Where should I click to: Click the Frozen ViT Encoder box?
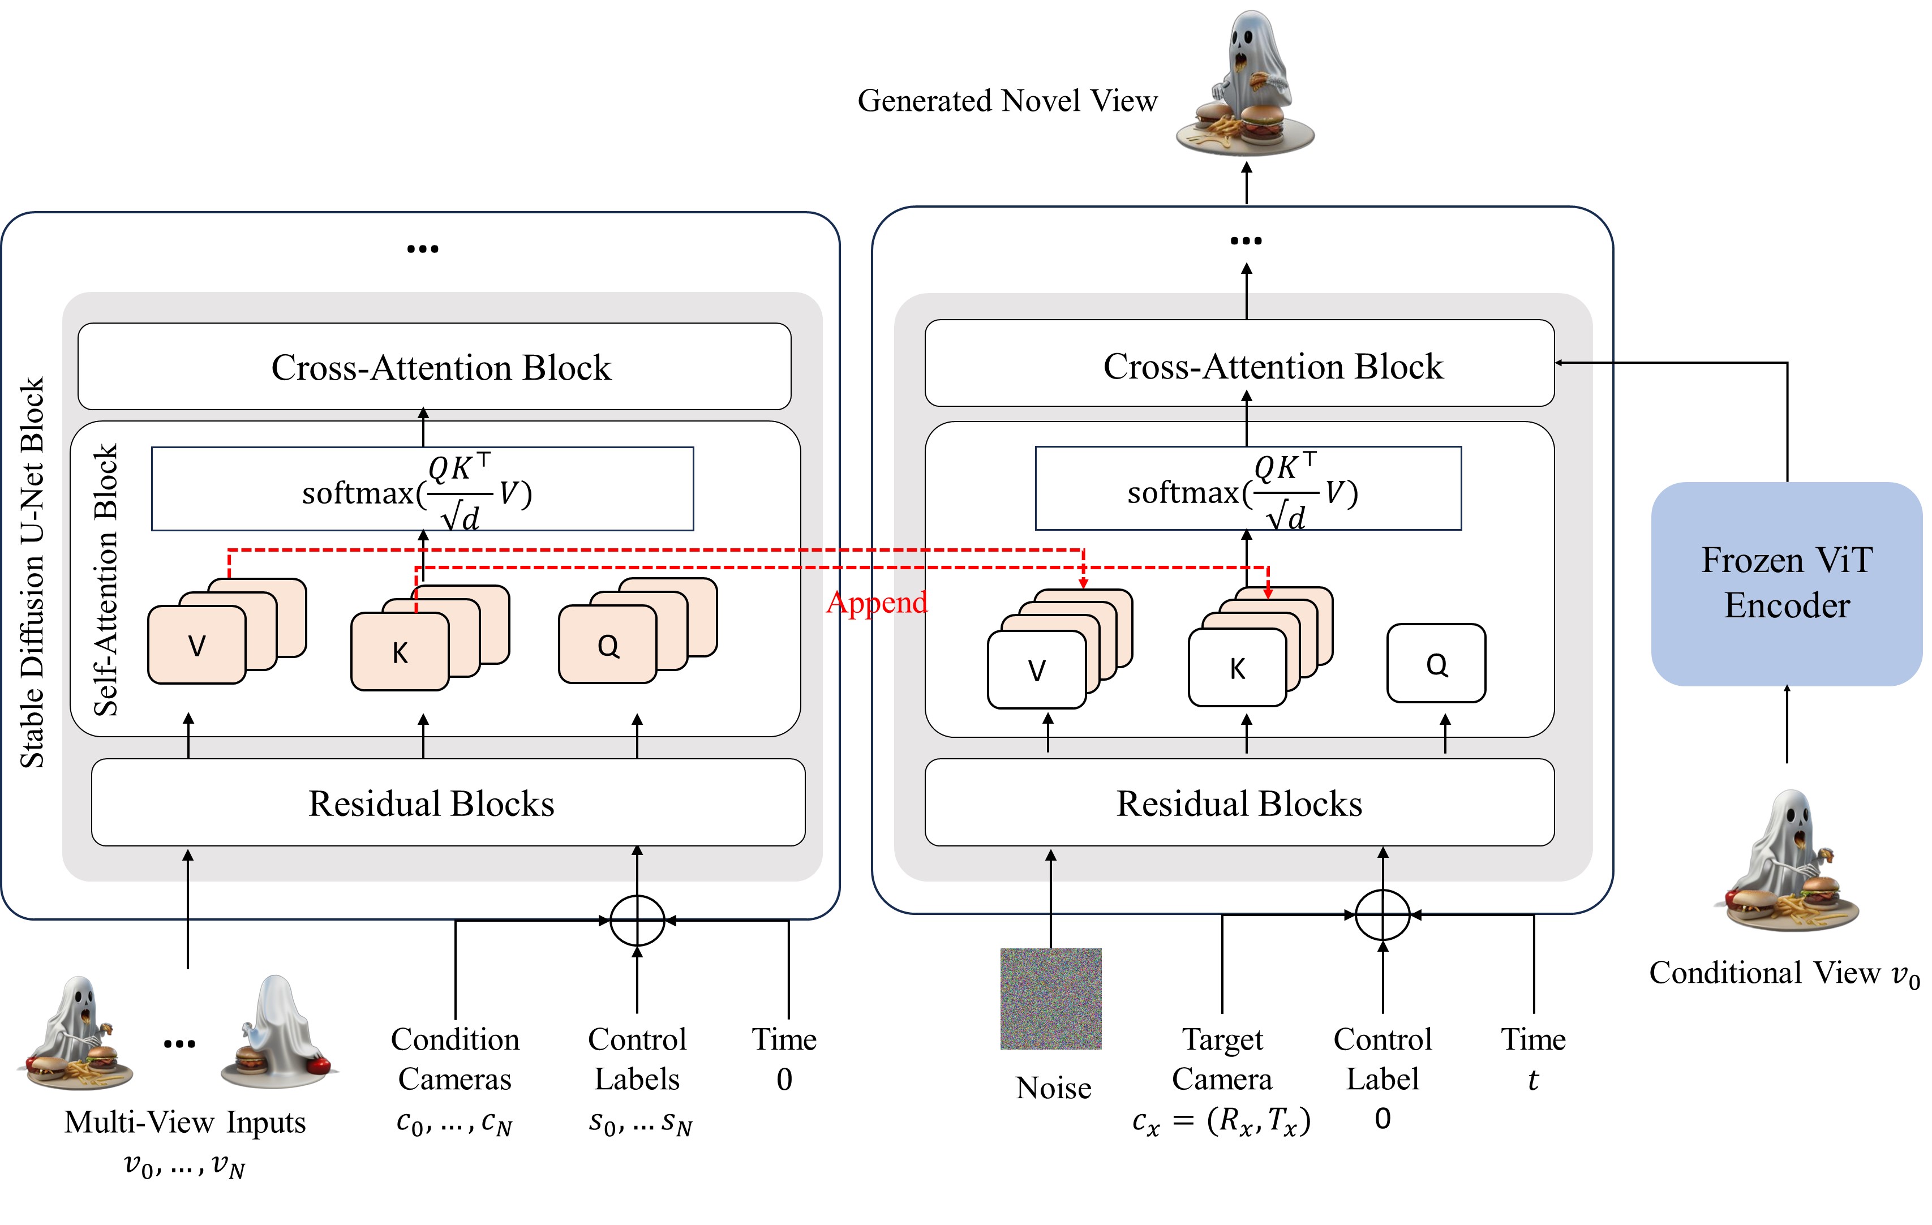point(1786,583)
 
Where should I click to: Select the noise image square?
point(1050,998)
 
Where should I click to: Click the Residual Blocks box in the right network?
point(1239,802)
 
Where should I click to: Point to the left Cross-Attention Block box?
point(434,367)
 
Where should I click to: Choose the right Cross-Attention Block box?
point(1239,364)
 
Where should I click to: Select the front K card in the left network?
point(400,651)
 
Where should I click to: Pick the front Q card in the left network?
point(607,645)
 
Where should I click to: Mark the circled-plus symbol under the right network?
point(1383,914)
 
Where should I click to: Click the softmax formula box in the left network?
point(422,488)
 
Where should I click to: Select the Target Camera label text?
point(1221,1059)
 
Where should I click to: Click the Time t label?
point(1532,1059)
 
